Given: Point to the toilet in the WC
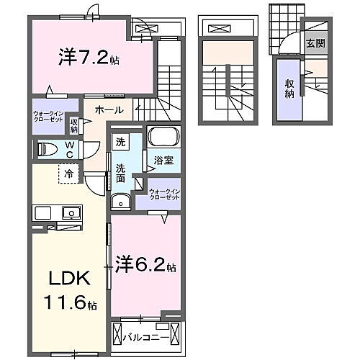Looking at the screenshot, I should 48,149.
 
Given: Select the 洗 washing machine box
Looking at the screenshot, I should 120,143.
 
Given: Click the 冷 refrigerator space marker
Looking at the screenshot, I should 68,174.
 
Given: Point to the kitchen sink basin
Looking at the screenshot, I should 71,213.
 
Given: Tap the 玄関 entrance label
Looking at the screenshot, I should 315,42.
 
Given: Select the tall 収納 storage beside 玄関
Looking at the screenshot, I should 289,89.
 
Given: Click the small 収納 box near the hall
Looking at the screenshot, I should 73,125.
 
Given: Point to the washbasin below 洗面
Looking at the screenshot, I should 121,201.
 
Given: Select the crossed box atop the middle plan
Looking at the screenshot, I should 219,29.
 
